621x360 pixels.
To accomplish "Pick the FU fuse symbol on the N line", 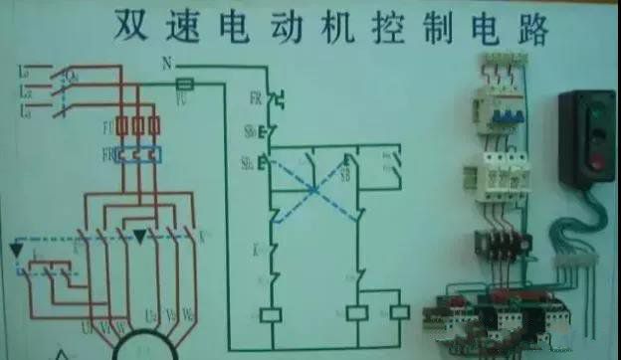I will (182, 87).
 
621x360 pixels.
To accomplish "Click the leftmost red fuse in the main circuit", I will (121, 126).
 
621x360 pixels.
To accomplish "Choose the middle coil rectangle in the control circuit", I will (358, 312).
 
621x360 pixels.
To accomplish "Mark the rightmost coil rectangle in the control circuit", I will (399, 312).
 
